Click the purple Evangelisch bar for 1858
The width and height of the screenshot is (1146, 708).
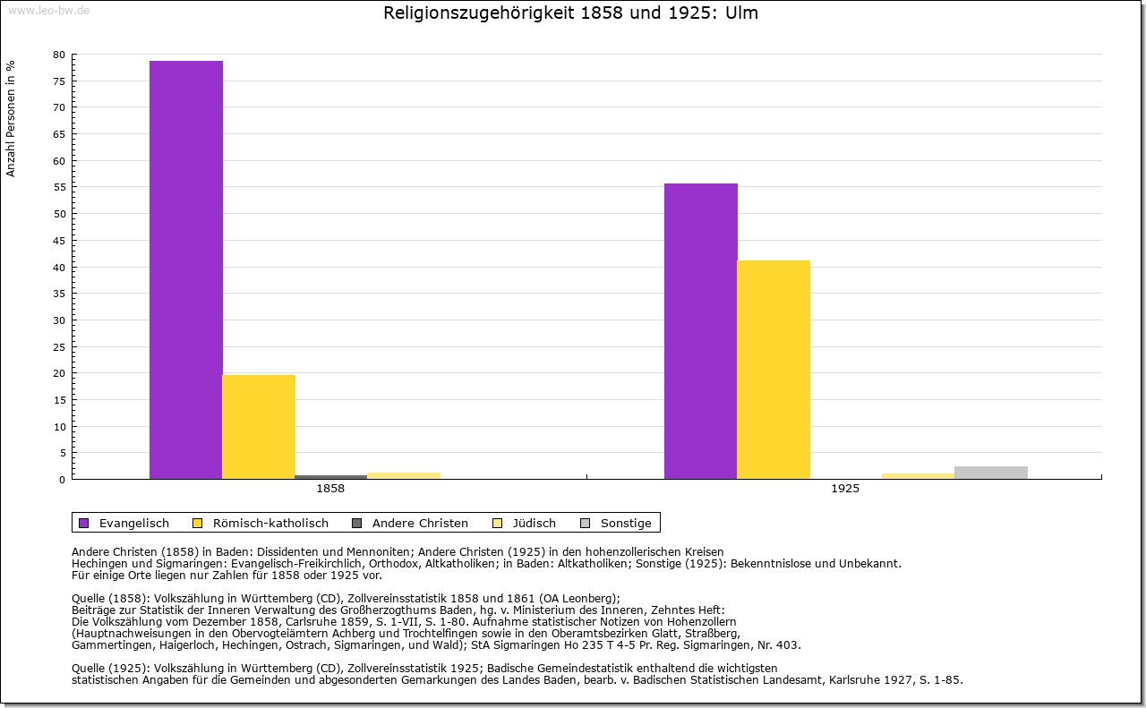[x=186, y=269]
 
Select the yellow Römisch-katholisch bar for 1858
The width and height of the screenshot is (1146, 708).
[x=259, y=427]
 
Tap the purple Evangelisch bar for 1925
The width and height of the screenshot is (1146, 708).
[x=701, y=331]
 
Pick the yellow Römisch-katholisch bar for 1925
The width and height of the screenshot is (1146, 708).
[x=774, y=370]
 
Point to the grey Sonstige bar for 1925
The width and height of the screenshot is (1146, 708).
[x=991, y=473]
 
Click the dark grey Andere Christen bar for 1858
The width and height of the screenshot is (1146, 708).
[x=331, y=477]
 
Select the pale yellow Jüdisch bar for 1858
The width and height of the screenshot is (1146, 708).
[x=404, y=475]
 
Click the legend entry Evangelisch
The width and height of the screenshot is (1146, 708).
[x=133, y=523]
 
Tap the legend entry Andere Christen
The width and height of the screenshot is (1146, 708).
[x=419, y=523]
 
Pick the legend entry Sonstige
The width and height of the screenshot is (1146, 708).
[x=625, y=523]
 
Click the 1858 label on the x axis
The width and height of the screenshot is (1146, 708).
[x=330, y=490]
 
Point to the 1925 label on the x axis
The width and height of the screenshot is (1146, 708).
[x=845, y=490]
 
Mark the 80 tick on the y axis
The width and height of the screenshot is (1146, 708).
[x=59, y=55]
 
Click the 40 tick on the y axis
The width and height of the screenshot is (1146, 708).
[x=59, y=267]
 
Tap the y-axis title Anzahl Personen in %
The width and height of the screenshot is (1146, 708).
[x=11, y=118]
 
